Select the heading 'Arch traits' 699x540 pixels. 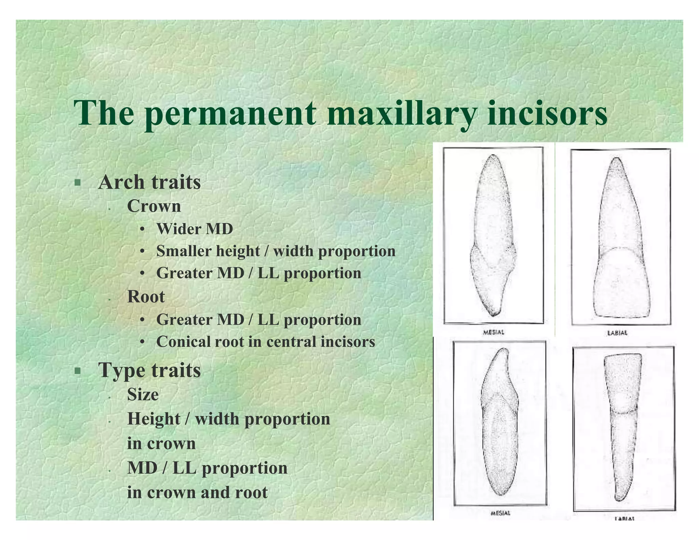(149, 182)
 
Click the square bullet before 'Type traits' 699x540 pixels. (78, 370)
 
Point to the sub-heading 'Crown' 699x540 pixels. (154, 206)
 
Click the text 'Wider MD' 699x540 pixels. (195, 229)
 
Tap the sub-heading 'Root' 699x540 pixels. (146, 296)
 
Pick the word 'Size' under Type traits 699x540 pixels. (143, 395)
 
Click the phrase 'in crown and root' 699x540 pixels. (197, 492)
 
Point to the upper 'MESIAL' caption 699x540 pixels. (493, 332)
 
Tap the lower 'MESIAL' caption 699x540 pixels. (500, 513)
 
